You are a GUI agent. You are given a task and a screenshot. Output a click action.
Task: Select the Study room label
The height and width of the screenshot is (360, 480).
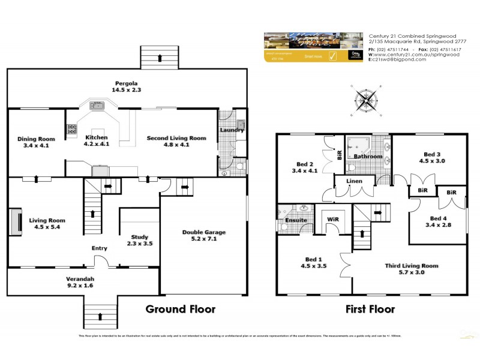[139, 237]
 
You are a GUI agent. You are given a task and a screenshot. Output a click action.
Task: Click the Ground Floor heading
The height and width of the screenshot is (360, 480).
[181, 310]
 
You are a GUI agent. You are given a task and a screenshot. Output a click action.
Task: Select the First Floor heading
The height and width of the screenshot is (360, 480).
[370, 310]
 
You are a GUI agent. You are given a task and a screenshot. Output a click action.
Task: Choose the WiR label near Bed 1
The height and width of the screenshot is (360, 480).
[333, 220]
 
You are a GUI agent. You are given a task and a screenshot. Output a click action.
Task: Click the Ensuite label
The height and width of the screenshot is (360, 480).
[296, 220]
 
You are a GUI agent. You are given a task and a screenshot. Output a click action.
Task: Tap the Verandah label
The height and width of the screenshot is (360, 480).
[82, 279]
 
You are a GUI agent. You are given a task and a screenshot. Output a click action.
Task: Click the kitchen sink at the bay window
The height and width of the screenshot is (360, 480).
[97, 106]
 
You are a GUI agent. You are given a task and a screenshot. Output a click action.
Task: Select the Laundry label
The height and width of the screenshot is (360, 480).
[232, 130]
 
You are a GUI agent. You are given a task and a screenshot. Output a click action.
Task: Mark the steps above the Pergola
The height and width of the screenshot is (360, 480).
[160, 58]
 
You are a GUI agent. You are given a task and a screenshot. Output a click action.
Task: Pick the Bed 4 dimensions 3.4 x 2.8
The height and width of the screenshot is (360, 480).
[437, 225]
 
